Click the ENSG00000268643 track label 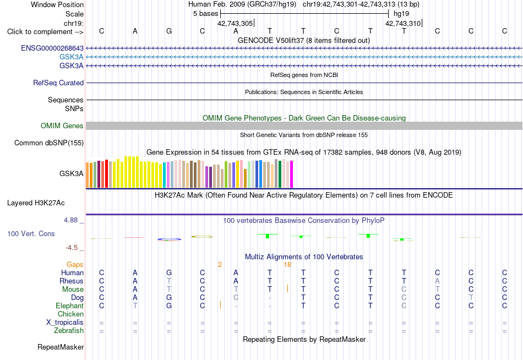(x=52, y=48)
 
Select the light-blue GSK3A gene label (x=72, y=57)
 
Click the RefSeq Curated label (x=58, y=83)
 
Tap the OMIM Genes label (x=62, y=126)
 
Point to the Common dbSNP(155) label (x=49, y=143)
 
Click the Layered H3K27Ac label (x=36, y=203)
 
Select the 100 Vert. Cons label (x=31, y=233)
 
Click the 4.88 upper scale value (x=70, y=220)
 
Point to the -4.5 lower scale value (x=72, y=248)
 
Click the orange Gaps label (x=75, y=265)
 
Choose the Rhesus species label (x=72, y=281)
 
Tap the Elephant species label (x=70, y=306)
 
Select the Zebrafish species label (x=69, y=331)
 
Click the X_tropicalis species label (x=65, y=323)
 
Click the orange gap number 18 (x=287, y=265)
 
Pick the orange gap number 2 (x=220, y=265)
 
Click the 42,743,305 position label (x=235, y=23)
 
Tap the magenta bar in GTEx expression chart (x=292, y=174)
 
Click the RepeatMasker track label (x=61, y=347)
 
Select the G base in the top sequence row (x=169, y=31)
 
